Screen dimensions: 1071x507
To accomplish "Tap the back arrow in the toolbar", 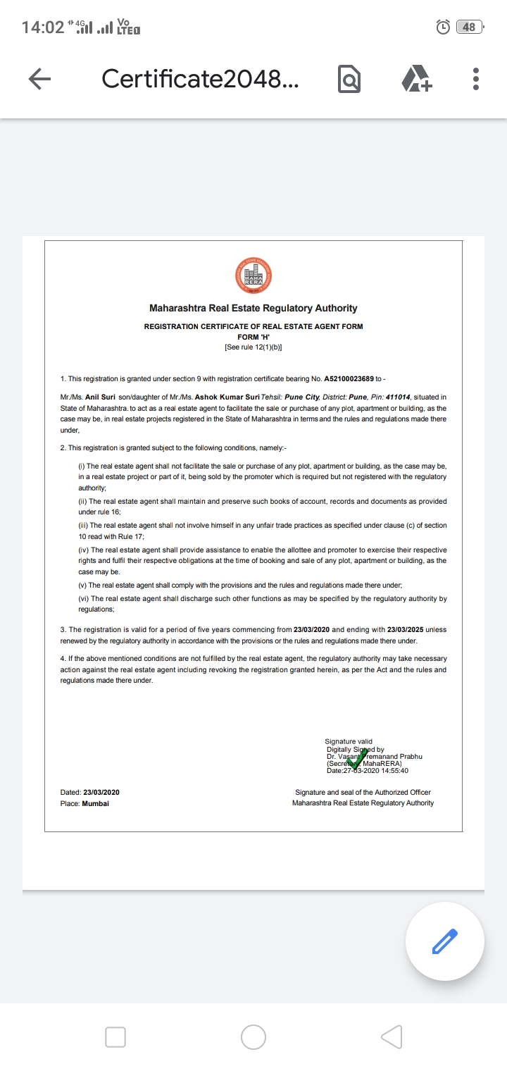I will pyautogui.click(x=39, y=79).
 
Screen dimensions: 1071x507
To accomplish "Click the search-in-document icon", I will pyautogui.click(x=349, y=79).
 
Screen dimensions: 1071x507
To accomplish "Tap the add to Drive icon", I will pyautogui.click(x=417, y=79).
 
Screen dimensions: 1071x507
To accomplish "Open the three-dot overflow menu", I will pyautogui.click(x=476, y=79).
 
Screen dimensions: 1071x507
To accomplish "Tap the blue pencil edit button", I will pyautogui.click(x=444, y=941).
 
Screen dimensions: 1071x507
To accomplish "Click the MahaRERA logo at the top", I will pyautogui.click(x=253, y=276).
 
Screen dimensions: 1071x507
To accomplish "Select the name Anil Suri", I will pyautogui.click(x=100, y=397).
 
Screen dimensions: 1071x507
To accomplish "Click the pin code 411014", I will pyautogui.click(x=416, y=397).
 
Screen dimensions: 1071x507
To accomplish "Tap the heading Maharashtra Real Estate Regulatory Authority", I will pyautogui.click(x=253, y=308).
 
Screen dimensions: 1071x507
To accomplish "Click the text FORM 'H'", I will pyautogui.click(x=253, y=337).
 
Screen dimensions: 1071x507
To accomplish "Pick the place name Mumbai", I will pyautogui.click(x=95, y=803).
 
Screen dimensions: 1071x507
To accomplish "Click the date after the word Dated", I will pyautogui.click(x=101, y=793).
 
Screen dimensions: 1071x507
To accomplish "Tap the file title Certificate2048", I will pyautogui.click(x=199, y=79).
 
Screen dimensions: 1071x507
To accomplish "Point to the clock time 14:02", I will pyautogui.click(x=43, y=27).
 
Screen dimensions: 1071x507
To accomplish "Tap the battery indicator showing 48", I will pyautogui.click(x=468, y=27).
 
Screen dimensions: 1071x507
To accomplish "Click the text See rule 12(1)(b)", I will pyautogui.click(x=253, y=347).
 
